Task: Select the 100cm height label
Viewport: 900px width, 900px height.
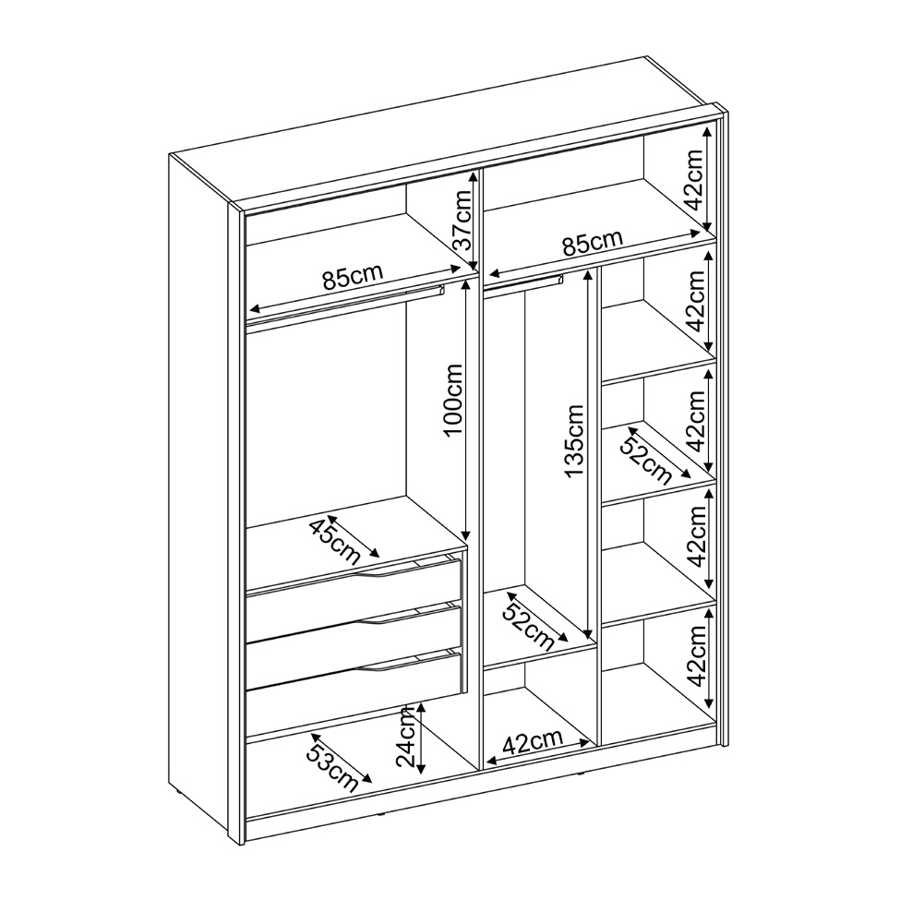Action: pyautogui.click(x=453, y=400)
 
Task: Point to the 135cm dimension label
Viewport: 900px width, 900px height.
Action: pyautogui.click(x=573, y=440)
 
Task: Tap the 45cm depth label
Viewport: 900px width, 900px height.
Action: pyautogui.click(x=335, y=541)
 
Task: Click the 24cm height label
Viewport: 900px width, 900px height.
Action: pyautogui.click(x=406, y=737)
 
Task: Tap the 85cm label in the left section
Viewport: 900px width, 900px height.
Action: pyautogui.click(x=352, y=277)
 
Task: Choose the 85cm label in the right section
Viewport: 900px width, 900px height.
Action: pyautogui.click(x=592, y=243)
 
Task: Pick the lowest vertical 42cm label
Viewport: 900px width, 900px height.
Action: pyautogui.click(x=697, y=656)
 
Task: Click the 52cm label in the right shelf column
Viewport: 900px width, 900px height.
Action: pyautogui.click(x=647, y=459)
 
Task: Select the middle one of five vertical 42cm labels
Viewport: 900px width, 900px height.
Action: pyautogui.click(x=696, y=421)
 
